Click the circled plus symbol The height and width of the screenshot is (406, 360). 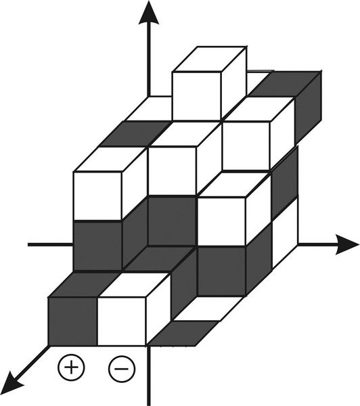point(71,367)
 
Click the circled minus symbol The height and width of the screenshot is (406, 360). point(122,369)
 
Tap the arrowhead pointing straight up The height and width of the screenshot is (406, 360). point(149,13)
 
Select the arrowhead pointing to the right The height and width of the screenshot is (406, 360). point(347,244)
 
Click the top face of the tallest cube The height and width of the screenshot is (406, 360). point(209,59)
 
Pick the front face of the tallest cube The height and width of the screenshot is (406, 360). point(196,96)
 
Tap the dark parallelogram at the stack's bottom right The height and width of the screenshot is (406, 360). point(183,333)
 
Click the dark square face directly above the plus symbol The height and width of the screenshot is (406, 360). point(73,321)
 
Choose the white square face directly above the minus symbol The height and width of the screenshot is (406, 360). point(122,321)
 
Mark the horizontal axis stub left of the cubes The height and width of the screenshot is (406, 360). point(51,244)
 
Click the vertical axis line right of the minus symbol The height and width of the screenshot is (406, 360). point(149,376)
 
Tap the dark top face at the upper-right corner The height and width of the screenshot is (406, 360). point(284,85)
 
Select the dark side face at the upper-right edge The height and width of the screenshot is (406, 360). point(308,108)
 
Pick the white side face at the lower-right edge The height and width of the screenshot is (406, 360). point(285,233)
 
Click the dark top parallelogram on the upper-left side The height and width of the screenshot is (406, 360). point(135,134)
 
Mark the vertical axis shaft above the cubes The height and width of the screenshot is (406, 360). point(149,60)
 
